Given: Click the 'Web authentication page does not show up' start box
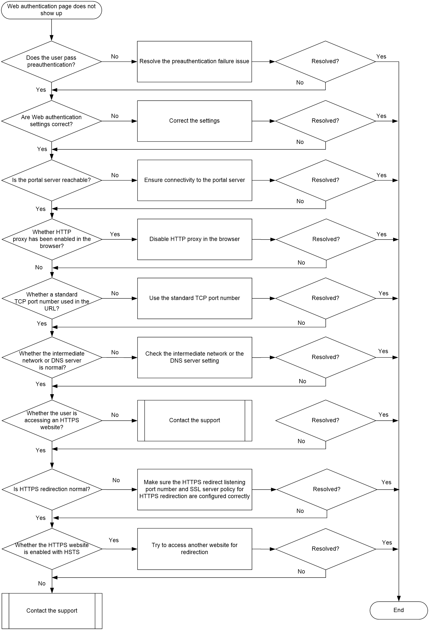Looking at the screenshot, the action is (x=51, y=10).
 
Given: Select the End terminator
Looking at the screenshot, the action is (x=398, y=610).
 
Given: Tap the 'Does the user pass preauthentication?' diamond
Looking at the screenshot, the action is (x=51, y=61).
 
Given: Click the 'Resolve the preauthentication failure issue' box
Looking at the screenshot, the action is (x=194, y=61).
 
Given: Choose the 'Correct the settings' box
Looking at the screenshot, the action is (x=194, y=121).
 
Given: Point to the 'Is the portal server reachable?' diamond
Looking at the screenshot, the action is (x=51, y=180).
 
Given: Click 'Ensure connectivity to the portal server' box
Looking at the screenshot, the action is (x=195, y=180).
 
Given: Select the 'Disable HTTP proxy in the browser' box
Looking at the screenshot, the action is (x=195, y=239).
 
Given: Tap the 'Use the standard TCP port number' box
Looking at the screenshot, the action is (x=195, y=299).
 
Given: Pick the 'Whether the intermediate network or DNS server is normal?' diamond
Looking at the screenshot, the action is (x=52, y=357).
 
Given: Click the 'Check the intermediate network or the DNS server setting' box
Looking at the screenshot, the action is (x=195, y=357).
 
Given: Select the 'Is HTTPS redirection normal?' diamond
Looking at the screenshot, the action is (x=52, y=490).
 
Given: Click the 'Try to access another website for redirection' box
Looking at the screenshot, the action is (x=195, y=549).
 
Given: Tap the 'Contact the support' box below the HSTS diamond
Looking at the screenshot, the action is (x=52, y=611).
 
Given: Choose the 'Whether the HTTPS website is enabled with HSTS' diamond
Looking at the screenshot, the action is (x=52, y=549).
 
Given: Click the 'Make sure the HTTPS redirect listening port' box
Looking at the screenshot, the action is (x=195, y=490).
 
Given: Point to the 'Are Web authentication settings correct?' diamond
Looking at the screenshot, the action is (x=51, y=121).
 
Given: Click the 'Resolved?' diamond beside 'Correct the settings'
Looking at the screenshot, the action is (x=325, y=121).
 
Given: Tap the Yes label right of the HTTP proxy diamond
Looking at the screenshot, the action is (x=115, y=234).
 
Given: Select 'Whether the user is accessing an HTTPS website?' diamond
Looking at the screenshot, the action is (x=52, y=421).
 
